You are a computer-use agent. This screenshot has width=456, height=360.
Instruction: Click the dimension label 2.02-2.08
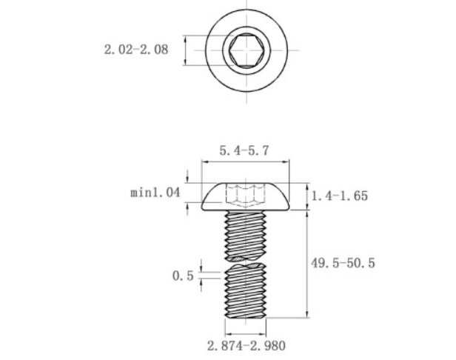click(x=136, y=50)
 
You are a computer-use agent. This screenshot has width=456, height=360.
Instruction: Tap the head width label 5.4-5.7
click(x=244, y=151)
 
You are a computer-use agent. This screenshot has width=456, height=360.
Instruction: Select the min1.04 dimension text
click(x=155, y=193)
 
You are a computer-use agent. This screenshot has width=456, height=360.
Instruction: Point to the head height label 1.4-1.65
click(x=339, y=196)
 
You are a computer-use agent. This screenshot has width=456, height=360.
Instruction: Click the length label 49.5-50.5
click(x=343, y=263)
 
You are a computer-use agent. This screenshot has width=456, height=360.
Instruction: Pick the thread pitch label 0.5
click(x=183, y=276)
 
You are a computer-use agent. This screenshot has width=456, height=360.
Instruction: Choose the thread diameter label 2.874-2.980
click(x=246, y=346)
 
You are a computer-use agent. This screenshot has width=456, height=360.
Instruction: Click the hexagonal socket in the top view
click(x=247, y=50)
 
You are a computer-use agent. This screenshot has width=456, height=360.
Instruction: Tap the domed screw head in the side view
click(x=246, y=196)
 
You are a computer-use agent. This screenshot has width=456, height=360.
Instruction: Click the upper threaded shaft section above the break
click(x=246, y=235)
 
